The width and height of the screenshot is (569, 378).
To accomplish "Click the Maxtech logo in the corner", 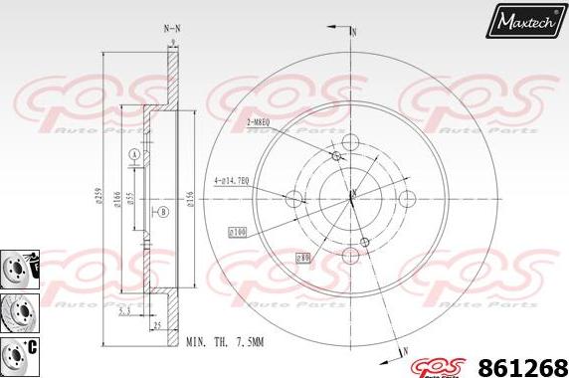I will (524, 19).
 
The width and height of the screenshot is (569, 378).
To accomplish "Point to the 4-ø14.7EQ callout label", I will (231, 181).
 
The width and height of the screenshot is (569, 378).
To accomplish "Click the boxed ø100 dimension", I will (238, 232).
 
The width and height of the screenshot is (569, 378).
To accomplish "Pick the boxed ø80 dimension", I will (302, 258).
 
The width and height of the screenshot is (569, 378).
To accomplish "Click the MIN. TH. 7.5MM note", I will (224, 342).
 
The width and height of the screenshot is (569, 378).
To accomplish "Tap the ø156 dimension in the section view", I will (189, 201).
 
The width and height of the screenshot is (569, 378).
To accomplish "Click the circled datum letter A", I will (132, 154).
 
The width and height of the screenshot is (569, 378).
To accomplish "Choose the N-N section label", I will (172, 30).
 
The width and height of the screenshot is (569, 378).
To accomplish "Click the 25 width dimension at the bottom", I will (157, 324).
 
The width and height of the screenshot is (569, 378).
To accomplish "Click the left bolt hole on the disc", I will (294, 198).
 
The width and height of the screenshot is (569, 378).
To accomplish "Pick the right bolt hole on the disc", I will (407, 199).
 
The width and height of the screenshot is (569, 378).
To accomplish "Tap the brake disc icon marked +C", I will (18, 351).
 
